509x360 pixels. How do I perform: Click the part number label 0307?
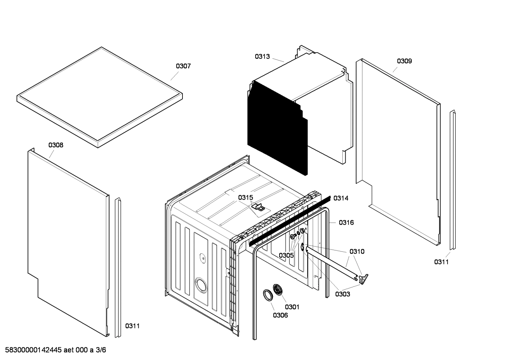(183, 66)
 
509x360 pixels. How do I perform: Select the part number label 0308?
(56, 145)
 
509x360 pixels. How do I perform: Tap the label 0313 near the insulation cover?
(262, 57)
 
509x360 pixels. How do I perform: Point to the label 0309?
(404, 61)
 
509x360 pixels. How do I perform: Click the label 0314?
(341, 198)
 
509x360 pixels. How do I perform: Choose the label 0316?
(346, 223)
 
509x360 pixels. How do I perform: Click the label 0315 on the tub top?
(245, 197)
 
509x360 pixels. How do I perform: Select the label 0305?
(286, 255)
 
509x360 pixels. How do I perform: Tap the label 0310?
(357, 252)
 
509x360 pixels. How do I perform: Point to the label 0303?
(343, 294)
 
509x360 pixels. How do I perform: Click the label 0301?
(292, 307)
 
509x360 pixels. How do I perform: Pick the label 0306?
(280, 315)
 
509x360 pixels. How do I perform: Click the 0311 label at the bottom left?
(132, 326)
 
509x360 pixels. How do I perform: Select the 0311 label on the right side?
(441, 262)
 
